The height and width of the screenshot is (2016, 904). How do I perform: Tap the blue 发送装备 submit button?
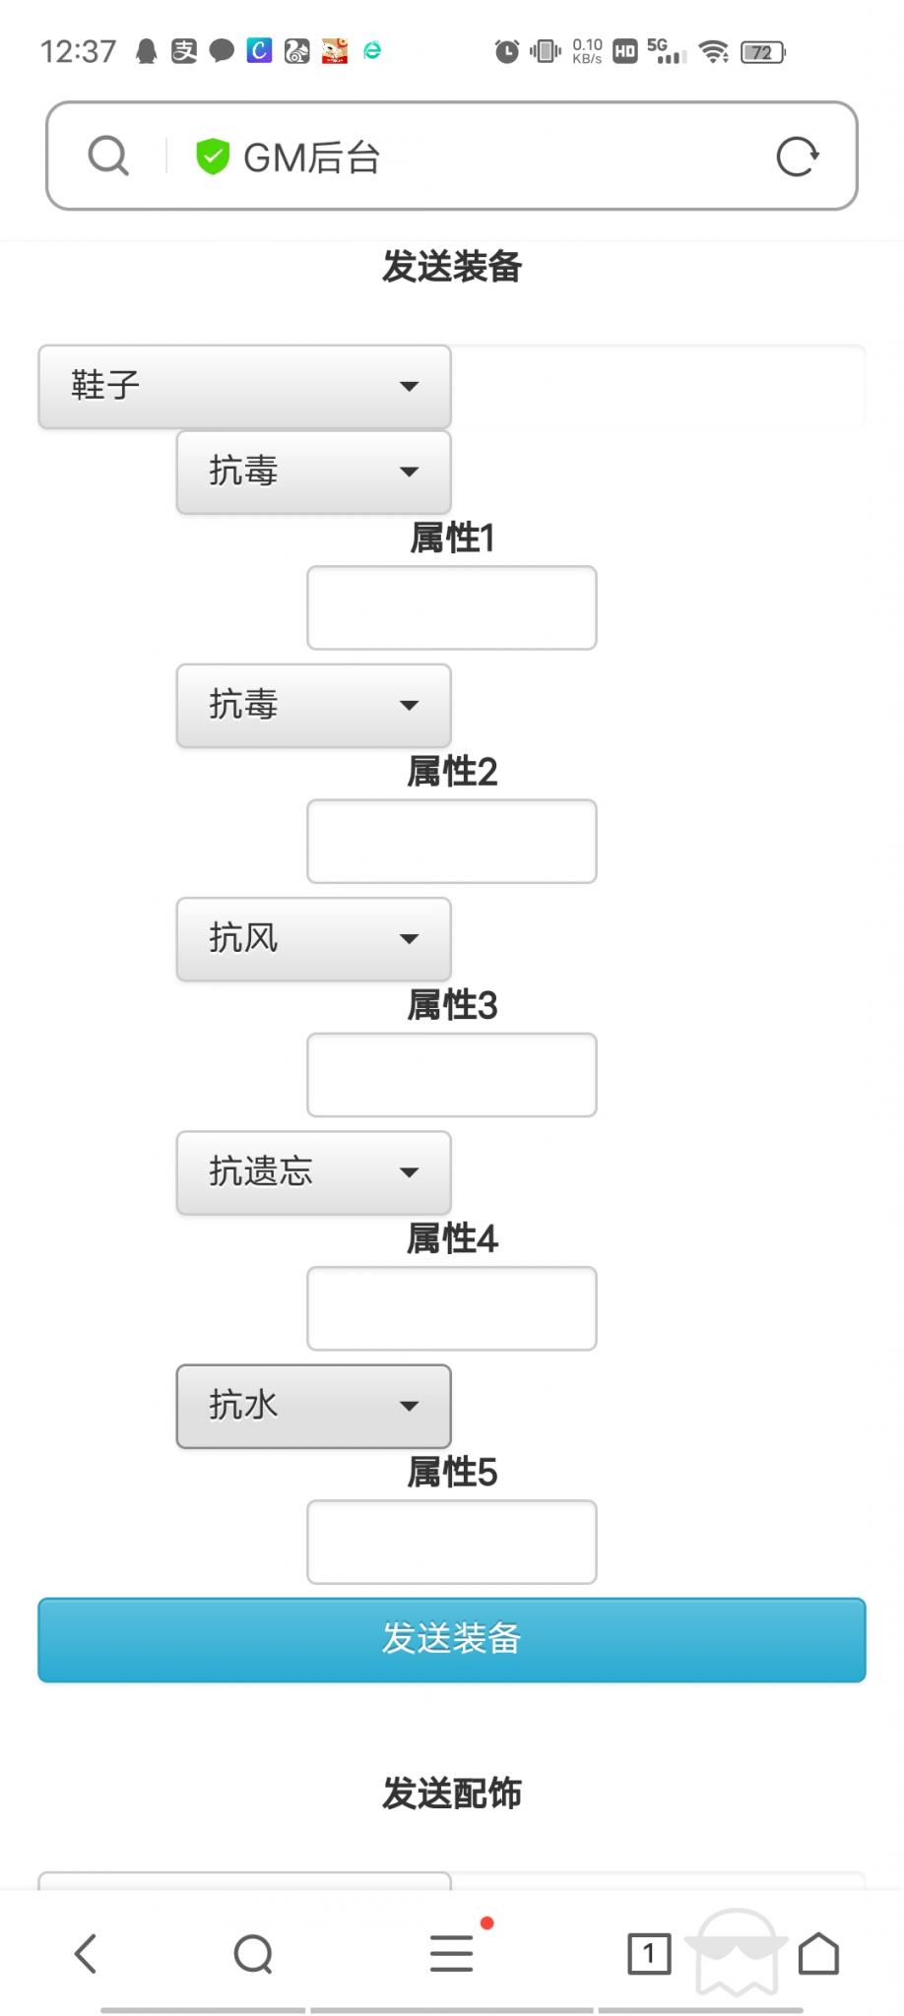pyautogui.click(x=451, y=1639)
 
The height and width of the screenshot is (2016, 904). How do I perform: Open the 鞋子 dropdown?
pyautogui.click(x=244, y=386)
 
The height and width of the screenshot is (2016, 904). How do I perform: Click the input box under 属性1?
pyautogui.click(x=451, y=607)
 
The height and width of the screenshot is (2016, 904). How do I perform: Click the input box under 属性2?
pyautogui.click(x=451, y=841)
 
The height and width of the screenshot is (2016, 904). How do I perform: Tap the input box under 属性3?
pyautogui.click(x=451, y=1074)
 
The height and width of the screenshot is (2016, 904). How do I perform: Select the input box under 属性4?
pyautogui.click(x=451, y=1307)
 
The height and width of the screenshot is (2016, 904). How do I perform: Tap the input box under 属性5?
pyautogui.click(x=451, y=1541)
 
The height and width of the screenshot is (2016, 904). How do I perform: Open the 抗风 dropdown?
pyautogui.click(x=313, y=938)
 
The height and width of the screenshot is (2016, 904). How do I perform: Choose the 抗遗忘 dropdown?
pyautogui.click(x=313, y=1171)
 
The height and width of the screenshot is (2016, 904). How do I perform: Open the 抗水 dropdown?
pyautogui.click(x=313, y=1406)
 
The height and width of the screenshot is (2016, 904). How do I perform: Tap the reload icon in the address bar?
pyautogui.click(x=797, y=156)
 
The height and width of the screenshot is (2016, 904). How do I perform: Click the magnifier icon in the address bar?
pyautogui.click(x=108, y=156)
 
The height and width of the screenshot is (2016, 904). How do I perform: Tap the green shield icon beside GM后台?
pyautogui.click(x=212, y=156)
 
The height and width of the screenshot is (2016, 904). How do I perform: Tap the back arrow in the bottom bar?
pyautogui.click(x=87, y=1954)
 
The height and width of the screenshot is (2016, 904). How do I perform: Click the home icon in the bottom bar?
pyautogui.click(x=818, y=1954)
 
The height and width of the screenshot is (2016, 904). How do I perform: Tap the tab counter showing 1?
pyautogui.click(x=648, y=1954)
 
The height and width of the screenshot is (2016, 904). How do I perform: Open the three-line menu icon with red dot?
pyautogui.click(x=451, y=1954)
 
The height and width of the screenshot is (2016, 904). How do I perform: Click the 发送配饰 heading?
pyautogui.click(x=451, y=1794)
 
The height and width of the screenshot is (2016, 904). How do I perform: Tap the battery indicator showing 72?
pyautogui.click(x=762, y=52)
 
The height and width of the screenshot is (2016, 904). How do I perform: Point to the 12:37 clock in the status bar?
pyautogui.click(x=78, y=51)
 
